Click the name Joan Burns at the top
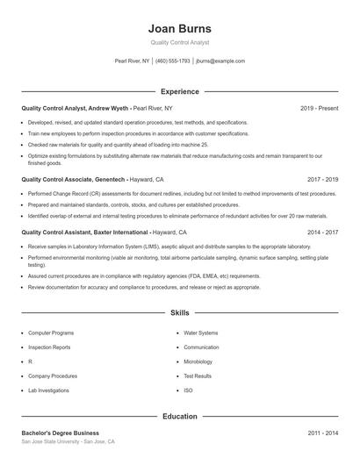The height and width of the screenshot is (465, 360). [180, 27]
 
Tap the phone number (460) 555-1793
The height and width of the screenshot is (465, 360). [173, 61]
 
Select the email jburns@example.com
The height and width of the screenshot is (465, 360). [220, 61]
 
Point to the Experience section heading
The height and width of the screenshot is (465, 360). [180, 91]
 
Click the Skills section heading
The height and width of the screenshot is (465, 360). [180, 311]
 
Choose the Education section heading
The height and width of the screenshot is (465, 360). [180, 416]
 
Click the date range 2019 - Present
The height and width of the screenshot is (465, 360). [319, 108]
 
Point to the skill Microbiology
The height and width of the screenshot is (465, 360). [198, 361]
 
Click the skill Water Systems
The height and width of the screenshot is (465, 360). [200, 333]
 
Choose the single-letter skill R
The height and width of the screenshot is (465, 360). [30, 361]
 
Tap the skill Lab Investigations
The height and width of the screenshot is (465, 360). [48, 390]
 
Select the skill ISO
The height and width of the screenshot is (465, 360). [188, 390]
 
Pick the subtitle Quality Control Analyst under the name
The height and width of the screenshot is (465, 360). [180, 42]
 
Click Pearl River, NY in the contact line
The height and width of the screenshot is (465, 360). [133, 61]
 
